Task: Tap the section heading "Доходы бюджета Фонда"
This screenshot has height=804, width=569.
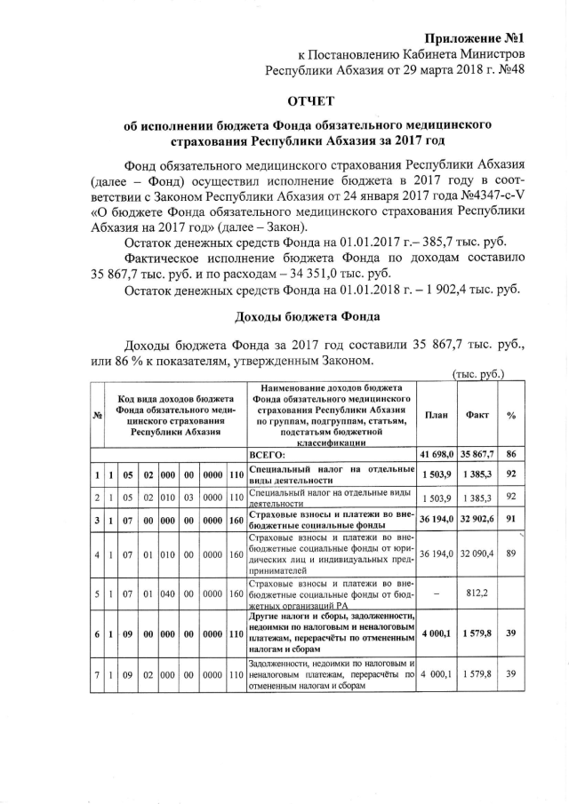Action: [304, 317]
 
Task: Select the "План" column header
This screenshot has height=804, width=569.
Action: [436, 415]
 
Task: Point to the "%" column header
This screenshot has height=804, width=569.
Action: [511, 415]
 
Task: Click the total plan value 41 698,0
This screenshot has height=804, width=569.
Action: [436, 453]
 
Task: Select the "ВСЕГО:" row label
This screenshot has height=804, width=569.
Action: [267, 454]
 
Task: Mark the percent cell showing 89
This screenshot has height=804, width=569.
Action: [511, 553]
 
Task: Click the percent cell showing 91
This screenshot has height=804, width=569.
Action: [511, 517]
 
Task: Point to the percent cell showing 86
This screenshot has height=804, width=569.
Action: [511, 453]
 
